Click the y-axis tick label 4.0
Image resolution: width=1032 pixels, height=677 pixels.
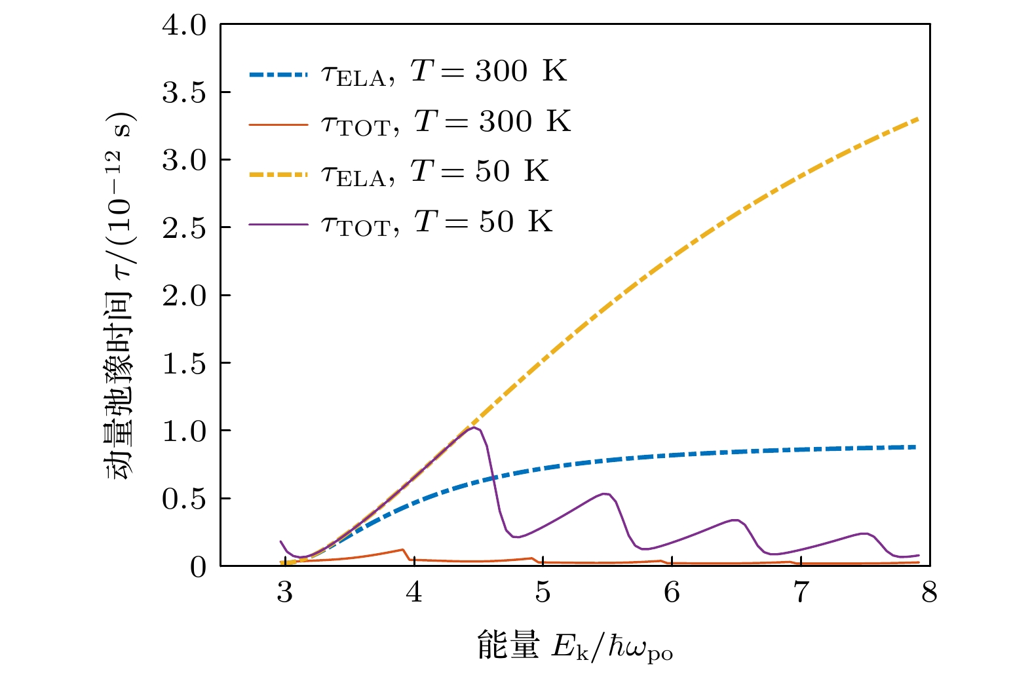click(x=184, y=26)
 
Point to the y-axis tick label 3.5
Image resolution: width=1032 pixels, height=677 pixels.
click(x=184, y=94)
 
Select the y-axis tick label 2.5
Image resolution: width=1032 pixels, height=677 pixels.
click(x=184, y=229)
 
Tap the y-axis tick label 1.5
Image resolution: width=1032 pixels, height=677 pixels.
click(x=184, y=364)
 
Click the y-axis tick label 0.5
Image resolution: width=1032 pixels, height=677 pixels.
click(x=184, y=499)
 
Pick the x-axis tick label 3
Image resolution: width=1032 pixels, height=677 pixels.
click(x=284, y=592)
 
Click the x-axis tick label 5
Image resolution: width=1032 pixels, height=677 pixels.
click(x=543, y=592)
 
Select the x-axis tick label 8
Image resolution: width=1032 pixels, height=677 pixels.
click(x=929, y=592)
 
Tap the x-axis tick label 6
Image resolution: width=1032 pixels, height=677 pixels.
click(x=672, y=592)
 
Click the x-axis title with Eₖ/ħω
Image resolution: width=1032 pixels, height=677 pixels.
click(x=575, y=647)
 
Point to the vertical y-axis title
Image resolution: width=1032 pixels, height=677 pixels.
click(x=119, y=295)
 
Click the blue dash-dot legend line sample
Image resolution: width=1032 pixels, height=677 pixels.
click(x=278, y=75)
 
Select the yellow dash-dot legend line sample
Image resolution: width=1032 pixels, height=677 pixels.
click(x=278, y=175)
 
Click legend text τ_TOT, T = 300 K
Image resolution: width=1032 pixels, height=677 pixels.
click(x=446, y=123)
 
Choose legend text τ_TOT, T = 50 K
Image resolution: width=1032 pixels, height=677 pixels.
click(x=437, y=223)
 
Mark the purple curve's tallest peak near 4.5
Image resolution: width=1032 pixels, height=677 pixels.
click(x=472, y=428)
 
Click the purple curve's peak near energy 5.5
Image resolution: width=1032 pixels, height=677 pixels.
click(x=605, y=493)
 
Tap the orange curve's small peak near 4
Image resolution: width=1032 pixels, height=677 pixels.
click(x=402, y=549)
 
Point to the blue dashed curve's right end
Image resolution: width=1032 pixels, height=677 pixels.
click(x=915, y=447)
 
